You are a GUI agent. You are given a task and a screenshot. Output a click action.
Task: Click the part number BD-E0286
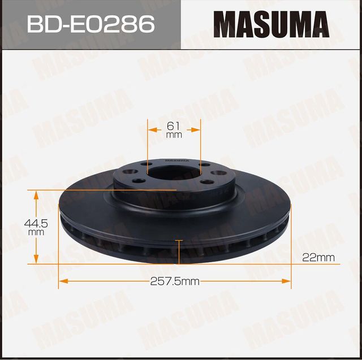[x=90, y=24]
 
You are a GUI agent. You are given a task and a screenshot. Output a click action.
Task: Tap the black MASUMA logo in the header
[x=271, y=24]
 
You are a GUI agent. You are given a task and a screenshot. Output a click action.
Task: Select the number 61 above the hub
[x=174, y=125]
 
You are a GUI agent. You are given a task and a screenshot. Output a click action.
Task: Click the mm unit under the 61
[x=174, y=136]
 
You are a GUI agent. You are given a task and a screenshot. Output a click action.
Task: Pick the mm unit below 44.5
[x=36, y=232]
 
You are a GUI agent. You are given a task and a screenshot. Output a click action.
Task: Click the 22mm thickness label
[x=318, y=258]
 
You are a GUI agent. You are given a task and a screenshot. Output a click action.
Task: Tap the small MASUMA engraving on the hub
[x=174, y=161]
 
